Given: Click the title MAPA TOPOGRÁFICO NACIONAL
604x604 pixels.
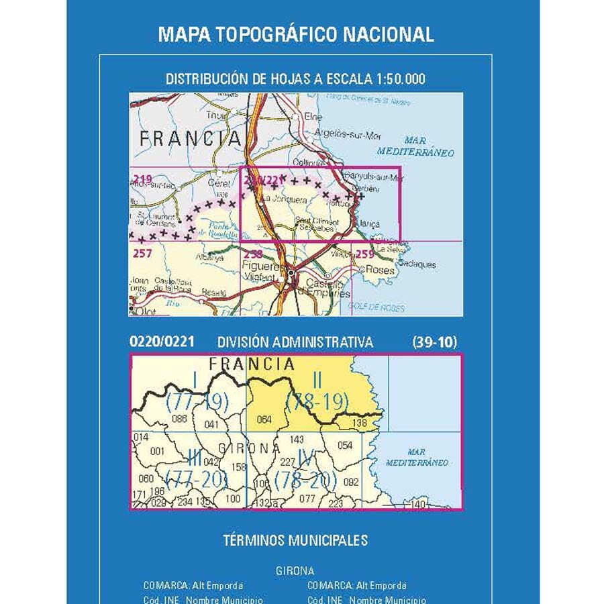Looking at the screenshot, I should pyautogui.click(x=296, y=34).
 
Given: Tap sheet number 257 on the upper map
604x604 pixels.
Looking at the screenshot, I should pyautogui.click(x=143, y=254).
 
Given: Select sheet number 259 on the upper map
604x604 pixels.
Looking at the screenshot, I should pyautogui.click(x=365, y=254).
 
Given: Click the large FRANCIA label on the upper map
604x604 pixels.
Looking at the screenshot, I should pyautogui.click(x=189, y=139).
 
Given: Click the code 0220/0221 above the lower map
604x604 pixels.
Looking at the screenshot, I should pyautogui.click(x=162, y=342).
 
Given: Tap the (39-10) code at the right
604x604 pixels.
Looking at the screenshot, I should pyautogui.click(x=435, y=342).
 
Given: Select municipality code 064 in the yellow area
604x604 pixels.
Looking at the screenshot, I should pyautogui.click(x=264, y=421).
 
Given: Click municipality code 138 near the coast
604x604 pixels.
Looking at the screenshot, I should pyautogui.click(x=360, y=423).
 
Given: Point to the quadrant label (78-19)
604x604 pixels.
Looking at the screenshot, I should pyautogui.click(x=317, y=402).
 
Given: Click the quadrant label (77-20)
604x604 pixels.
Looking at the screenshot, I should pyautogui.click(x=196, y=479).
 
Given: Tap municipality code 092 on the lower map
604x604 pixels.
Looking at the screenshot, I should pyautogui.click(x=351, y=482).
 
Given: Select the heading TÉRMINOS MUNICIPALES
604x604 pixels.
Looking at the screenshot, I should pyautogui.click(x=295, y=540).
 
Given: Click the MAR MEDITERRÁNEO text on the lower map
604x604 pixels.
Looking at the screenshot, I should pyautogui.click(x=417, y=458).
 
